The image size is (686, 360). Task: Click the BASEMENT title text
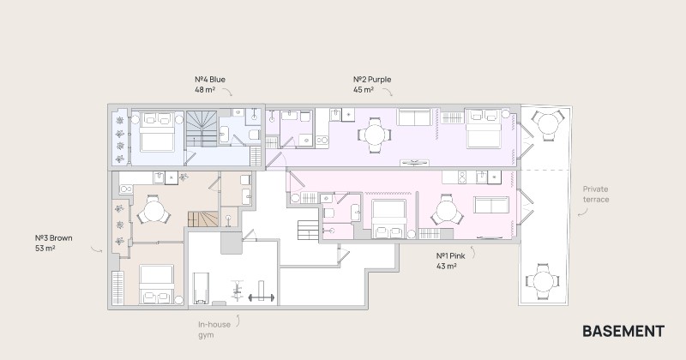coord(623,331)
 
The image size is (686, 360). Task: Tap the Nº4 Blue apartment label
coord(210,84)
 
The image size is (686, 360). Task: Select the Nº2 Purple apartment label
coord(372,84)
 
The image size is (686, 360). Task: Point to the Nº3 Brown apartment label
coord(53,243)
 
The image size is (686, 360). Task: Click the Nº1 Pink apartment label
coord(450,261)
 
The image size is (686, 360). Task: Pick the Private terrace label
coord(595,195)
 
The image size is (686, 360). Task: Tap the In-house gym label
coord(214,329)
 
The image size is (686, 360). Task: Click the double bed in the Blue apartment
coord(157,132)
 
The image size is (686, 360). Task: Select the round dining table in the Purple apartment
coord(375,135)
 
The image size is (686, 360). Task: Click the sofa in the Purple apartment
coord(414,117)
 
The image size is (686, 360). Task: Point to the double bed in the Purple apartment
coord(484,129)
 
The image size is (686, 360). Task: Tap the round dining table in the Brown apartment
coord(153,211)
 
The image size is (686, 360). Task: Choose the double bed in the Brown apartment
coord(157,285)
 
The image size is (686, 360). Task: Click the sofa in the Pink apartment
coord(491,205)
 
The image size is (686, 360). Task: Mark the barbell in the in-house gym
coord(262,298)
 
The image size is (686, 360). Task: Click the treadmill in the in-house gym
coord(201,288)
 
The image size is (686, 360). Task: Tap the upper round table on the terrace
coord(546,125)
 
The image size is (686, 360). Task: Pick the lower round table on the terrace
coord(543,281)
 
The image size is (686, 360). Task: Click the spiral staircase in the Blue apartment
coord(202,129)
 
